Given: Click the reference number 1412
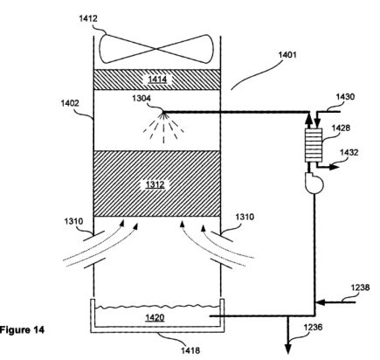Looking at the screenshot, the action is pyautogui.click(x=88, y=18).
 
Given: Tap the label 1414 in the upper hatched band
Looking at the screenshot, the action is pyautogui.click(x=157, y=80).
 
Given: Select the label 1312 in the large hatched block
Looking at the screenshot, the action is pyautogui.click(x=155, y=184).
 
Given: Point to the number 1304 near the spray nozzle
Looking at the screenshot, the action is pyautogui.click(x=142, y=99).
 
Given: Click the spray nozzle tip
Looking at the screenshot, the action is pyautogui.click(x=163, y=113).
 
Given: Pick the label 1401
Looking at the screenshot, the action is pyautogui.click(x=287, y=55).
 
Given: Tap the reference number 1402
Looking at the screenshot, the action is pyautogui.click(x=70, y=103).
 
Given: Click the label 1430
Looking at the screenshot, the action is pyautogui.click(x=346, y=97).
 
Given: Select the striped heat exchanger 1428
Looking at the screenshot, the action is pyautogui.click(x=314, y=145).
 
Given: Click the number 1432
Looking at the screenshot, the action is pyautogui.click(x=349, y=152).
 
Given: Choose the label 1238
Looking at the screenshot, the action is pyautogui.click(x=361, y=287).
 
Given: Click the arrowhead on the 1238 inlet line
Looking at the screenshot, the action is pyautogui.click(x=320, y=302).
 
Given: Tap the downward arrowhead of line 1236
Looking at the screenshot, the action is pyautogui.click(x=288, y=349).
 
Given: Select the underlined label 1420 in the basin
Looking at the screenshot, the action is pyautogui.click(x=155, y=317).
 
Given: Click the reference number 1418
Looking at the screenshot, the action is pyautogui.click(x=190, y=350).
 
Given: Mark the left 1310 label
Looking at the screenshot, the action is pyautogui.click(x=73, y=221).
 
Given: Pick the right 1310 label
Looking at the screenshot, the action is pyautogui.click(x=245, y=217).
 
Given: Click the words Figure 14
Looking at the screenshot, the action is pyautogui.click(x=22, y=329).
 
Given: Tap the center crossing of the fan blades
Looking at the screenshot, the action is pyautogui.click(x=157, y=49).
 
